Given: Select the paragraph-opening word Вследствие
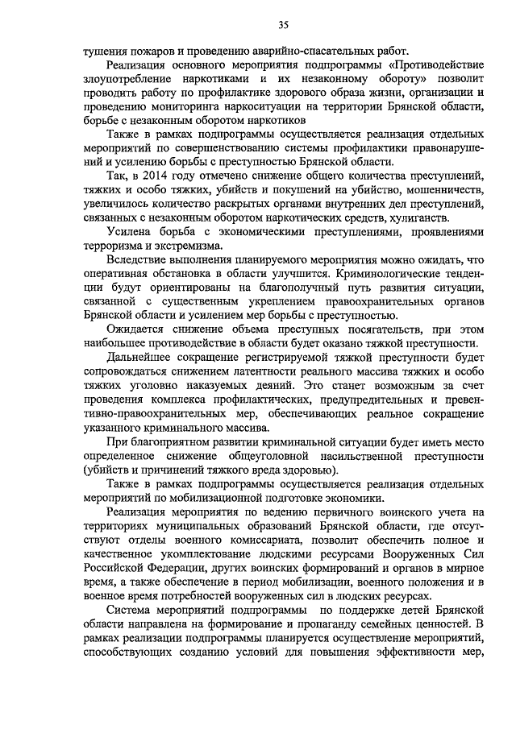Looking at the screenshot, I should point(140,261).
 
